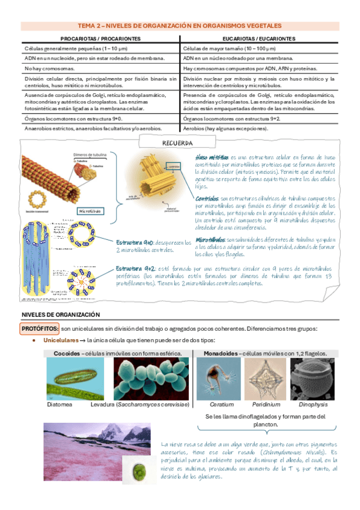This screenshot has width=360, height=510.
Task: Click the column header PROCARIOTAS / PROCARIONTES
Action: (x=100, y=38)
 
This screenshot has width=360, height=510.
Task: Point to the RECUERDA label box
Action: (x=177, y=143)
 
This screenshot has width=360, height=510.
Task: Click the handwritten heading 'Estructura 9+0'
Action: (x=135, y=242)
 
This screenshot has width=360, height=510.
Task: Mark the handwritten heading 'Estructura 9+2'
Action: (x=135, y=268)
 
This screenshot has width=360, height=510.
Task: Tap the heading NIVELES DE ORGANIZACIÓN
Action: (x=60, y=315)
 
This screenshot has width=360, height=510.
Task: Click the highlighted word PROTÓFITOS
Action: (x=40, y=328)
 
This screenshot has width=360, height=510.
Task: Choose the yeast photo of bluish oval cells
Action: (x=150, y=379)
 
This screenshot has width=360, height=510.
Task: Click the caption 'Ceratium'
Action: (x=221, y=405)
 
